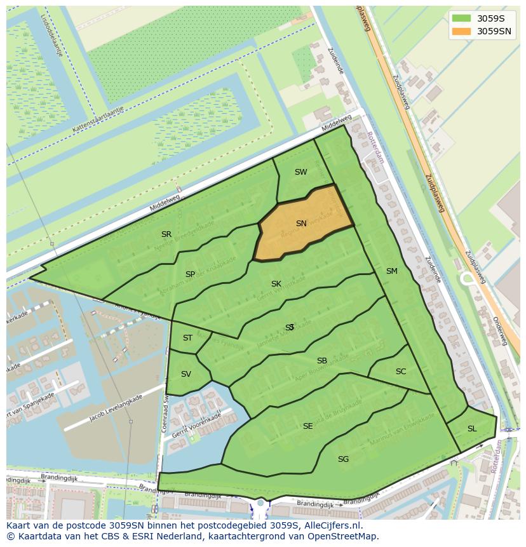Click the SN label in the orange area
[x=301, y=224]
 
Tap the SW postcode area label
[x=300, y=172]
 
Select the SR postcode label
[x=166, y=234]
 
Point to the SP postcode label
[x=190, y=274]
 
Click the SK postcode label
[x=276, y=284]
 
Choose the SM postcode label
[x=391, y=271]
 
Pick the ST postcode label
[x=187, y=338]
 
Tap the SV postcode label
[x=185, y=374]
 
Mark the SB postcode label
[x=322, y=361]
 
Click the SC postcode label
[x=400, y=372]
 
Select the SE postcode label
[x=307, y=426]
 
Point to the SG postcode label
[x=343, y=459]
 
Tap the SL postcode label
[x=471, y=429]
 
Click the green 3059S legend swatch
[x=461, y=18]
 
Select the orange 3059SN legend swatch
[x=461, y=31]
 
